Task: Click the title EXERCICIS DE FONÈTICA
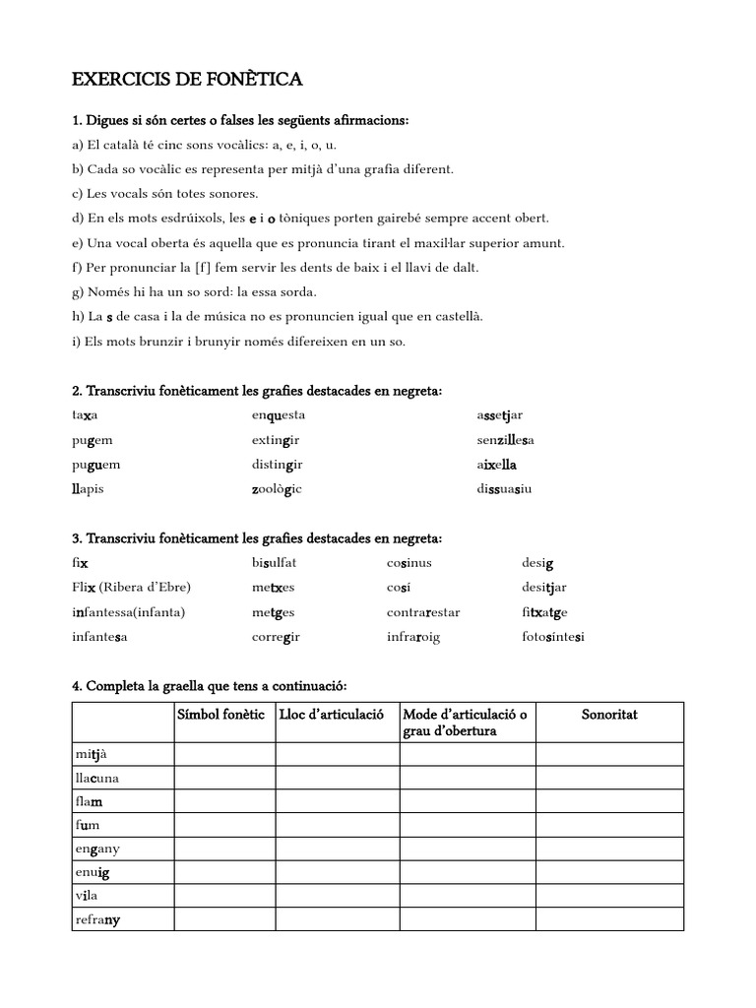pos(188,79)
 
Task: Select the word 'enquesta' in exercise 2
pos(279,415)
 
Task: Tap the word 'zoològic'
pos(277,489)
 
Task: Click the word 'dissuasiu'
pos(504,489)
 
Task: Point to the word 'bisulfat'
pos(274,563)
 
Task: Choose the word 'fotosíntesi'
pos(552,637)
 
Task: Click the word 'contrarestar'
pos(423,612)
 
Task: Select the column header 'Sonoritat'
pos(609,715)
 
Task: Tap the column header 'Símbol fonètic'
pos(221,715)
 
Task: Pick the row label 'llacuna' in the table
pos(97,779)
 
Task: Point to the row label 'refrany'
pos(97,920)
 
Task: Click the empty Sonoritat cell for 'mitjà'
pos(609,755)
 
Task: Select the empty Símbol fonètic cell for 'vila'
pos(224,897)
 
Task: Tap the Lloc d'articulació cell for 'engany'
pos(337,850)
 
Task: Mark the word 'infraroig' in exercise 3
pos(413,637)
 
